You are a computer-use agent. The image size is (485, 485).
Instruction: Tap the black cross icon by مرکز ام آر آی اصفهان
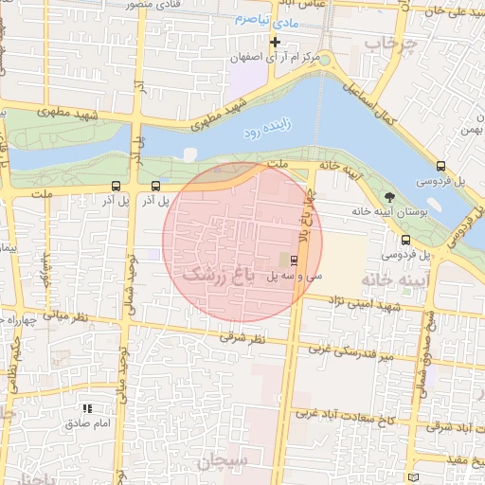pos(276,42)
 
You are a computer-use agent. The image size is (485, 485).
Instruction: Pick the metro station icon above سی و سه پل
pos(293,259)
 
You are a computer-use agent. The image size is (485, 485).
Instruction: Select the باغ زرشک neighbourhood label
pos(219,275)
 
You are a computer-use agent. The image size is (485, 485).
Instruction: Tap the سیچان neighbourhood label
pos(224,461)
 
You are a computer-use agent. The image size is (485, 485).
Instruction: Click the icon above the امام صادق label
pos(87,408)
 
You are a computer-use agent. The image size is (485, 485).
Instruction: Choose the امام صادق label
pos(89,422)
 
